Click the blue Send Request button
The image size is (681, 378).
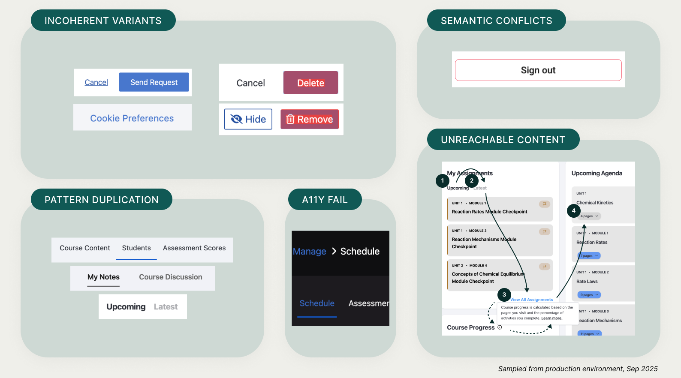(x=154, y=82)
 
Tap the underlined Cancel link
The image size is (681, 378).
(x=96, y=82)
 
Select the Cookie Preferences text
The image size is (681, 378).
(x=132, y=118)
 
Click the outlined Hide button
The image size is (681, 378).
(x=248, y=119)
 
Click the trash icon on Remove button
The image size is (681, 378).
(x=290, y=119)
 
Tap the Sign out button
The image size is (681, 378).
(x=538, y=70)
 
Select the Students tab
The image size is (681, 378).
(x=136, y=248)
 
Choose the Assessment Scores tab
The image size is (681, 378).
(x=194, y=248)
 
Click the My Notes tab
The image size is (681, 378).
(x=103, y=277)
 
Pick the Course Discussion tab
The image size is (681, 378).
(x=170, y=277)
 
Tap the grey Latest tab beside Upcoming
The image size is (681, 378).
(x=166, y=307)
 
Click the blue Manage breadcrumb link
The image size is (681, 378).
(x=309, y=252)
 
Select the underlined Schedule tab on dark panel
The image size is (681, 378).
(x=317, y=303)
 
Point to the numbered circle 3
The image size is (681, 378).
(x=504, y=294)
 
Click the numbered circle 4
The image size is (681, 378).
(x=574, y=210)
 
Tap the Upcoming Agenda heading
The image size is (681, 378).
(x=597, y=173)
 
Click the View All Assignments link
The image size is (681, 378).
(x=532, y=300)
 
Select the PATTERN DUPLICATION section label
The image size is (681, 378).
(x=102, y=200)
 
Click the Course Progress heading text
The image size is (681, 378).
(x=470, y=327)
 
